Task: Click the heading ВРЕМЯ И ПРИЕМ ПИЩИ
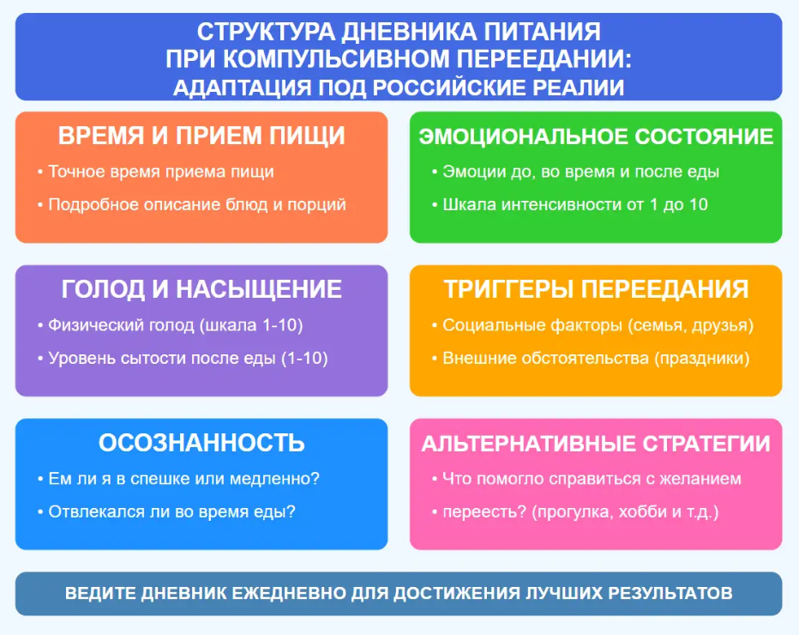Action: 201,136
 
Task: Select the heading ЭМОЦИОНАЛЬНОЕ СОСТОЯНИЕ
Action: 596,136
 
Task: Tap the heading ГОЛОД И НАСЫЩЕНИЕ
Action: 201,289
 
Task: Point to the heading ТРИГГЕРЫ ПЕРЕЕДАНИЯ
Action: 596,289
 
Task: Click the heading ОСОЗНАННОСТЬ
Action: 201,443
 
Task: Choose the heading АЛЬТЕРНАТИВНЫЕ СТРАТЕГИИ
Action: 596,444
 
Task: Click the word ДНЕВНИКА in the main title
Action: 409,32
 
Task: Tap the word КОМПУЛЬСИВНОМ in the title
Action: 336,59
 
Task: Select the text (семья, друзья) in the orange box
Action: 690,325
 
